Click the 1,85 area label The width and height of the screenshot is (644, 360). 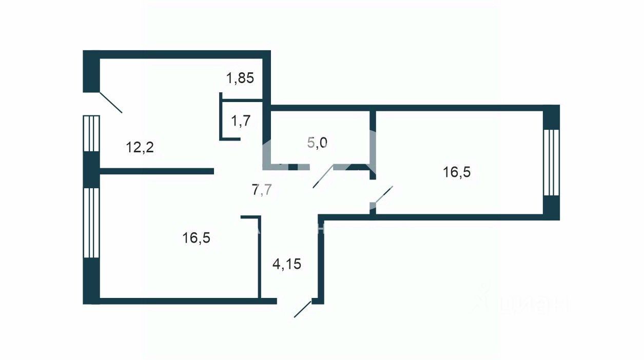pyautogui.click(x=241, y=79)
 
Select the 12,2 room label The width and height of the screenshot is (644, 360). pyautogui.click(x=140, y=148)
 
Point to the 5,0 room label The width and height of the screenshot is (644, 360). pyautogui.click(x=317, y=142)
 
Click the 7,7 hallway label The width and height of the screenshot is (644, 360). pyautogui.click(x=262, y=190)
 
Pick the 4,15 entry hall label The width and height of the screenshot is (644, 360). pyautogui.click(x=286, y=265)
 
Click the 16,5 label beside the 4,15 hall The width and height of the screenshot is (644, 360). pyautogui.click(x=197, y=238)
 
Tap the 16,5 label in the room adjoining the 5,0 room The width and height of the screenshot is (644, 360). pyautogui.click(x=457, y=172)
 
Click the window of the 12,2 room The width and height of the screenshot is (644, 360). pyautogui.click(x=91, y=133)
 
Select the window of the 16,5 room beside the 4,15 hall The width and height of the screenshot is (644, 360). pyautogui.click(x=91, y=223)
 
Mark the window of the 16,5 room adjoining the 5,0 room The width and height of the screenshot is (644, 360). pyautogui.click(x=551, y=162)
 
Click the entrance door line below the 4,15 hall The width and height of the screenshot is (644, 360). pyautogui.click(x=302, y=309)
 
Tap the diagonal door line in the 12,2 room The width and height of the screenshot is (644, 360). pyautogui.click(x=110, y=102)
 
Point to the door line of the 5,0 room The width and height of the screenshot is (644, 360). pyautogui.click(x=323, y=177)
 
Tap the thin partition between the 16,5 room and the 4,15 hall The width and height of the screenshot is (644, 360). pyautogui.click(x=259, y=256)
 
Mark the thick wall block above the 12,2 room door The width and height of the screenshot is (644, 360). pyautogui.click(x=91, y=71)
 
